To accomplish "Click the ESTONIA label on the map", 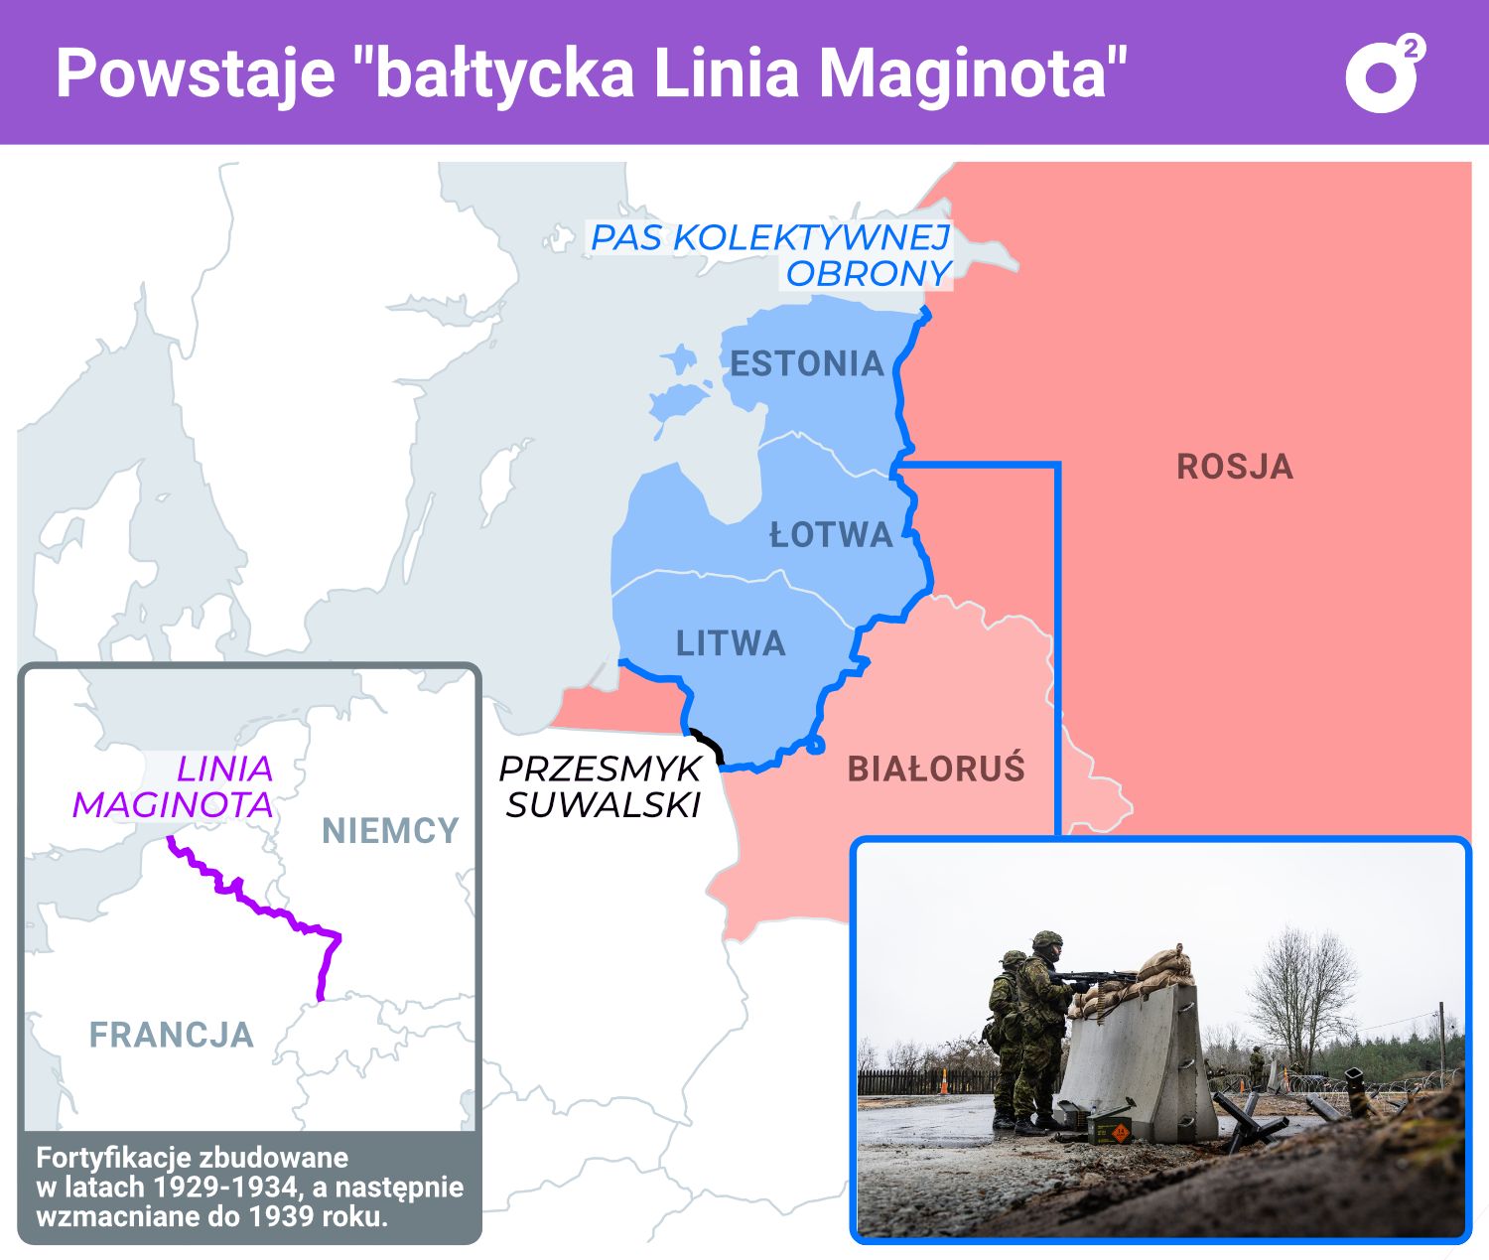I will tap(807, 363).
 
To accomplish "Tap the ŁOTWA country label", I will tap(832, 535).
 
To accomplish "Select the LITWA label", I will tap(731, 643).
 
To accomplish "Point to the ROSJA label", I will tap(1235, 467).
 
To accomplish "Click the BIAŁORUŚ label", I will tap(935, 769).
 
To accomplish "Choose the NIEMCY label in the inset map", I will tap(390, 830).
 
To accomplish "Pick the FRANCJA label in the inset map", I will tap(172, 1035).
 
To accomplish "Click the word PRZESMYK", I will tap(600, 769).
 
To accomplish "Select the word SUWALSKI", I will tap(604, 804).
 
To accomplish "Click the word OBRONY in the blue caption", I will tap(869, 273).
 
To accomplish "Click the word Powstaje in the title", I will tap(195, 72).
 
